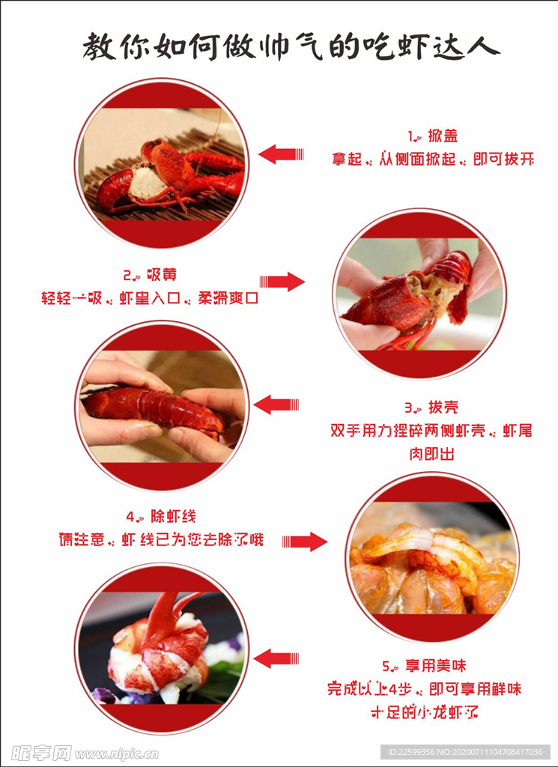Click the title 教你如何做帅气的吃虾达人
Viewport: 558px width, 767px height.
coord(291,47)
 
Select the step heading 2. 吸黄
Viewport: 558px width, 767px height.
coord(150,274)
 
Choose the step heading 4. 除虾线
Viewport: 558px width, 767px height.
coord(161,516)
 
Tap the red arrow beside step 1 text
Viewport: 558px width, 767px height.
coord(280,154)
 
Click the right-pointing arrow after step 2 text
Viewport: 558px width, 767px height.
coord(282,282)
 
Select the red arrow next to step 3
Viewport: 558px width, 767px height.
coord(276,405)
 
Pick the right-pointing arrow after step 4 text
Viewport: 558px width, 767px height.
coord(305,541)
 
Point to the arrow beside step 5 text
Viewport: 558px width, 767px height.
coord(276,659)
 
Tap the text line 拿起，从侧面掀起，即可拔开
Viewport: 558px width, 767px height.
coord(432,160)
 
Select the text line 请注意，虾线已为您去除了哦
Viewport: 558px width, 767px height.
coord(161,540)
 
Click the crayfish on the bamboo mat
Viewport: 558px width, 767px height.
coord(169,178)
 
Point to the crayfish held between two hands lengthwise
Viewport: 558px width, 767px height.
coord(154,409)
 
